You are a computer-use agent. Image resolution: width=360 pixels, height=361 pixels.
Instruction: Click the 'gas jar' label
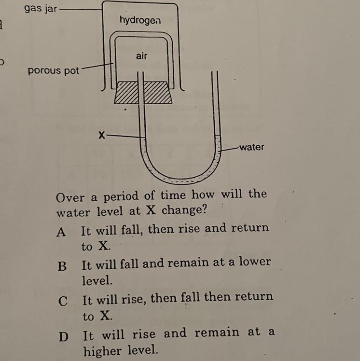point(40,9)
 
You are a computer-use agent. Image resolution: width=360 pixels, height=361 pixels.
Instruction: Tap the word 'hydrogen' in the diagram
point(140,21)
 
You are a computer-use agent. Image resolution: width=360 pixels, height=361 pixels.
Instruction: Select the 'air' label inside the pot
point(141,56)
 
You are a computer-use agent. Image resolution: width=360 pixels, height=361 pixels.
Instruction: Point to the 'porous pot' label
point(53,70)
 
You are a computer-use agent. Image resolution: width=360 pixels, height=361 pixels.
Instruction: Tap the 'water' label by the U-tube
point(252,147)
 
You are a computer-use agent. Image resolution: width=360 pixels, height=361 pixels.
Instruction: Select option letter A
point(61,232)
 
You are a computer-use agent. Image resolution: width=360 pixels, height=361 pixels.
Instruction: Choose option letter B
point(61,266)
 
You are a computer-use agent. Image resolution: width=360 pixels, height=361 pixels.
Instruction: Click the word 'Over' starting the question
point(70,197)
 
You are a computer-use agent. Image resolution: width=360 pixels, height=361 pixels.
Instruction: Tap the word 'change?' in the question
point(181,211)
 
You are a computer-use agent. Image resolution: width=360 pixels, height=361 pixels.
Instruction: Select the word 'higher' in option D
point(103,351)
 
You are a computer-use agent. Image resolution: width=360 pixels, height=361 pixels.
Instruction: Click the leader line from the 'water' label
point(230,148)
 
